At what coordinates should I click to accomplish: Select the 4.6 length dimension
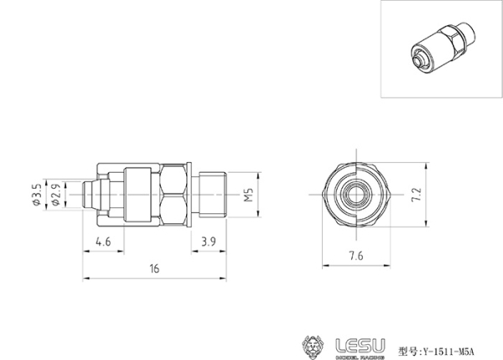coord(103,242)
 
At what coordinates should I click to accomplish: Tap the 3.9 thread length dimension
coord(210,242)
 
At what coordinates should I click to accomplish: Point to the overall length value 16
coord(154,269)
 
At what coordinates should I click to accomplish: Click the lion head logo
coord(314,347)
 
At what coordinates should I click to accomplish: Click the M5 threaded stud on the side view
coord(214,195)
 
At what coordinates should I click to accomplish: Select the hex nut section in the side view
coord(175,195)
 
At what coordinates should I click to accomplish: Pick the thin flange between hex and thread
coord(194,195)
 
